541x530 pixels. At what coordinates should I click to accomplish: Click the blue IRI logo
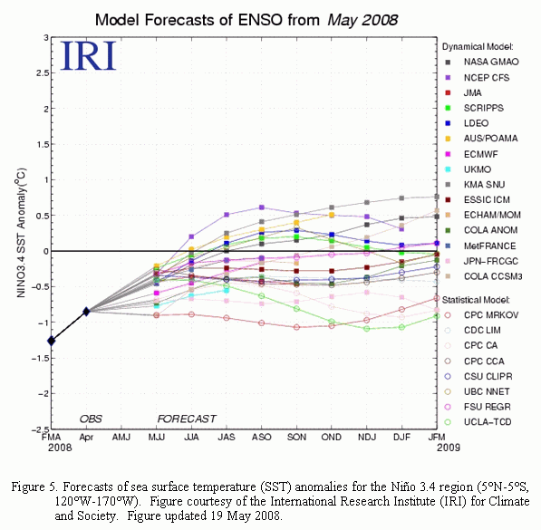point(88,56)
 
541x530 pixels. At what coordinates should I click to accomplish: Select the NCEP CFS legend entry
point(478,78)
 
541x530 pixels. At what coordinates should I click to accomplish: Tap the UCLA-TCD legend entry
point(478,422)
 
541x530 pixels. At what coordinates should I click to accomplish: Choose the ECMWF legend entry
point(471,154)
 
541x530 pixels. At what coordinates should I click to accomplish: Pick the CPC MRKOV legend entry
point(481,315)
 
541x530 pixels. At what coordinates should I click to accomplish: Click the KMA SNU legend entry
point(475,185)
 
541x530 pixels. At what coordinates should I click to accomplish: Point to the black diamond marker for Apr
point(86,312)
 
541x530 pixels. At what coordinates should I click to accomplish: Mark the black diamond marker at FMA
point(52,341)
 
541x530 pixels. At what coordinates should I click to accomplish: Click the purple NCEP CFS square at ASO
point(262,207)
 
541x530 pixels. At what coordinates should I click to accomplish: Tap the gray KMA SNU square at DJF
point(401,198)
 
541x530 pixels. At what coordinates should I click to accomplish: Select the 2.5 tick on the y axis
point(43,73)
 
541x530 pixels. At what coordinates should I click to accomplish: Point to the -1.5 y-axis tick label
point(40,359)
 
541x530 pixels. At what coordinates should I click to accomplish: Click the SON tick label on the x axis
point(296,438)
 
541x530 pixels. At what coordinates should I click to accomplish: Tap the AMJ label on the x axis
point(121,438)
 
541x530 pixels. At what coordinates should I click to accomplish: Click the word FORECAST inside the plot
point(187,419)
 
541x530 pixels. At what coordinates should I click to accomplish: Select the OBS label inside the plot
point(91,419)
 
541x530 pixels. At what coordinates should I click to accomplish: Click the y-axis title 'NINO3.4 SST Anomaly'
point(21,233)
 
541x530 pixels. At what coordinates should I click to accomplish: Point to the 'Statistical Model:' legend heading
point(476,300)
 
